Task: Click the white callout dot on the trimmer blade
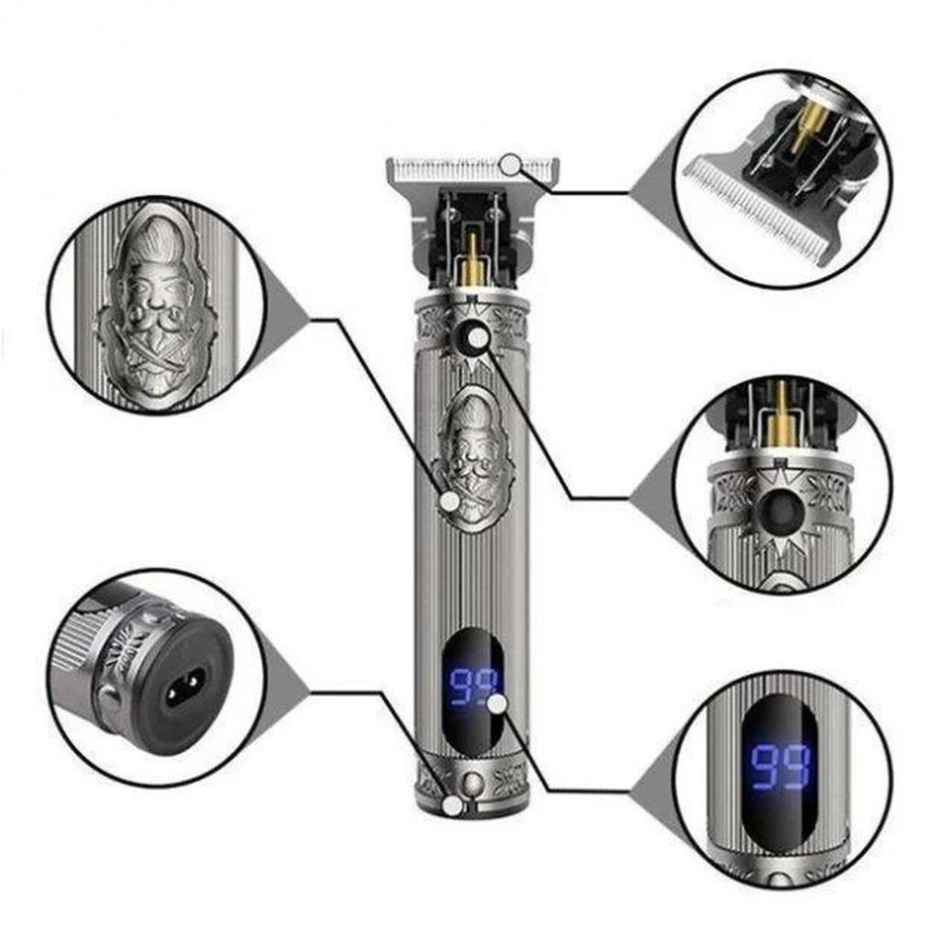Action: point(510,164)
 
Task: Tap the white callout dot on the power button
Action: point(478,339)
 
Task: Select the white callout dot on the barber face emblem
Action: point(450,501)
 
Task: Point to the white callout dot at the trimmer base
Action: point(453,806)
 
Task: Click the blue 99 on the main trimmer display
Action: point(473,687)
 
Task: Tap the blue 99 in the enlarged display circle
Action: point(781,766)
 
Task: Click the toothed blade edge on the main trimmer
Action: point(473,169)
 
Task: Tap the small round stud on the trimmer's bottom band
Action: point(473,782)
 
